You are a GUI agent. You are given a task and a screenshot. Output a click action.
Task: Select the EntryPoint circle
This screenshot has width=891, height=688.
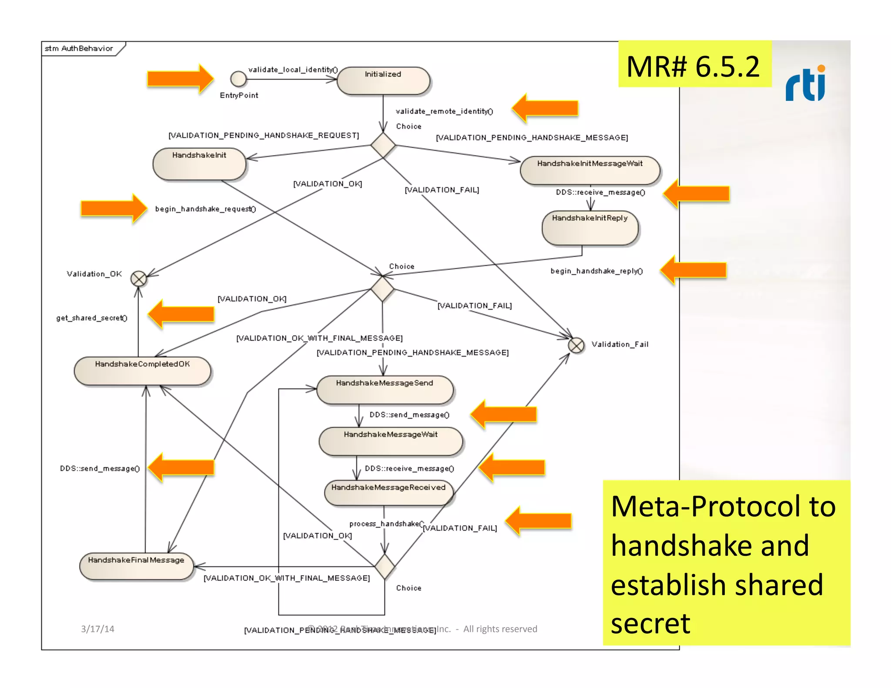pos(238,79)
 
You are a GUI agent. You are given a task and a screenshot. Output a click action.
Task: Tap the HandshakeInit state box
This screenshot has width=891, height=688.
pos(199,164)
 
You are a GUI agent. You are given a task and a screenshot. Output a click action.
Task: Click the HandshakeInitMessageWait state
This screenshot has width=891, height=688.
pos(590,170)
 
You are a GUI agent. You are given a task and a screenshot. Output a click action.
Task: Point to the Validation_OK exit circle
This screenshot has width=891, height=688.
pos(139,279)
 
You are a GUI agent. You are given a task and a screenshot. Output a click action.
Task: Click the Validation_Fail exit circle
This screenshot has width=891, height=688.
pos(576,346)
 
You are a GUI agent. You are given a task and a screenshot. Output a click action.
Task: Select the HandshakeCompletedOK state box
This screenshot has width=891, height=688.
pos(142,371)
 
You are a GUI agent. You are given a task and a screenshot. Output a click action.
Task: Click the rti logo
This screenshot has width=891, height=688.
pos(806,84)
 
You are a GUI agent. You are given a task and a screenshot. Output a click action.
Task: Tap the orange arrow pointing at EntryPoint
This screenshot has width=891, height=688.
pos(180,79)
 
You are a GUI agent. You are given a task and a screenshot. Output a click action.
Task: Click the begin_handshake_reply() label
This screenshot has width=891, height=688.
pos(596,271)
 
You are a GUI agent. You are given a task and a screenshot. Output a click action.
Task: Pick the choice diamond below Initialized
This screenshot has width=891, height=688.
pos(383,145)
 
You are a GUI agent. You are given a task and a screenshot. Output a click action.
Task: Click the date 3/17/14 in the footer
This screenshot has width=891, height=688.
pos(97,629)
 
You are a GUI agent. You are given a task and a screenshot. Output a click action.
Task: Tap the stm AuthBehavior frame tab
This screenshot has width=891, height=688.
pos(80,48)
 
